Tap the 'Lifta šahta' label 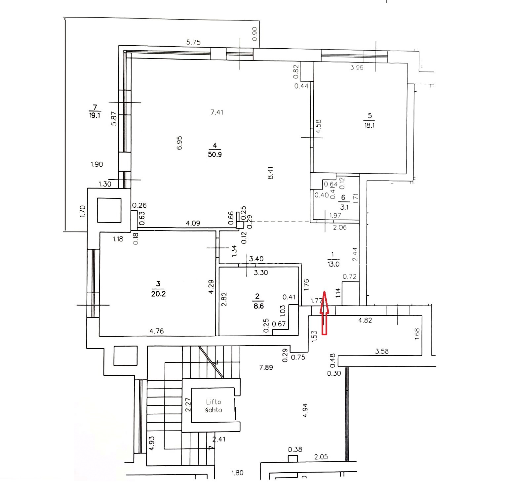click(214, 406)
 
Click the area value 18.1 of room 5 click(370, 125)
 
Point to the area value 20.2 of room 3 click(158, 293)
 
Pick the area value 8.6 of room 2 click(258, 306)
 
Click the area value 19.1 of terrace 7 click(95, 116)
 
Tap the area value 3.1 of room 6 click(344, 207)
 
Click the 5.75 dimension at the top click(193, 42)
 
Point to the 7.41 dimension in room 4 click(217, 112)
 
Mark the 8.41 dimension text click(271, 173)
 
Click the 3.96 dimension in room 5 click(357, 68)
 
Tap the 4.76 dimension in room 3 click(157, 331)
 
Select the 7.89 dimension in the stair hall click(266, 367)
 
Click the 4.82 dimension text click(365, 320)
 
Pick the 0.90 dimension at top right click(255, 34)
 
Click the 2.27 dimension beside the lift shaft click(188, 404)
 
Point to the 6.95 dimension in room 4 click(179, 143)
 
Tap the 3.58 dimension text click(382, 351)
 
